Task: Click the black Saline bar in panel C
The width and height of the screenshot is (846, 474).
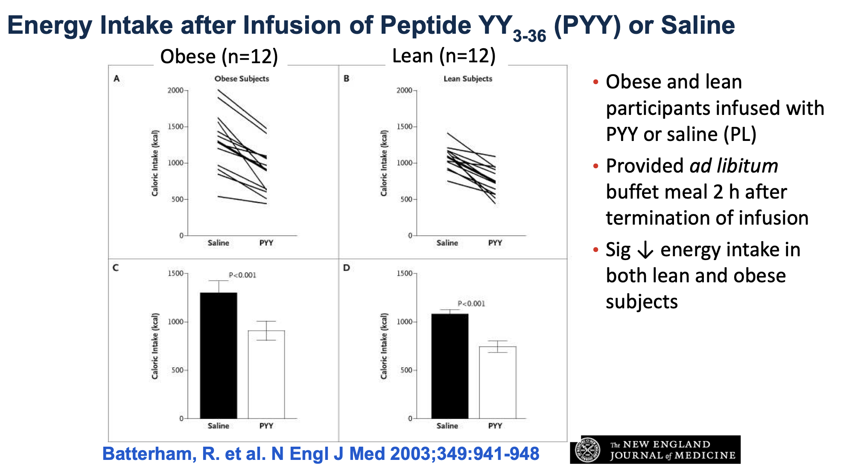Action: [x=219, y=355]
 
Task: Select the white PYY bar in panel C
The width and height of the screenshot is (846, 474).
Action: [x=266, y=374]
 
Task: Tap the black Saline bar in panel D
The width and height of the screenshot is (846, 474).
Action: [x=450, y=366]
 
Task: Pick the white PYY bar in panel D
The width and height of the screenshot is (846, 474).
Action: [x=498, y=382]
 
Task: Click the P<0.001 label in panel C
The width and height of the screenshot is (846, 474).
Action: [x=242, y=275]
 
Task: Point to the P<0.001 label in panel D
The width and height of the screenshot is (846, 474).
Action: [x=471, y=304]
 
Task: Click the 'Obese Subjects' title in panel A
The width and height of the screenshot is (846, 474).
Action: [x=242, y=79]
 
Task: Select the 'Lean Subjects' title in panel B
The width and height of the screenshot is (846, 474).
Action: [x=468, y=79]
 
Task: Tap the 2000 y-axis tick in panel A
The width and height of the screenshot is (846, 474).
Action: [x=175, y=91]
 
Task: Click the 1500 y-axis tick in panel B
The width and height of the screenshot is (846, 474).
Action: [x=404, y=127]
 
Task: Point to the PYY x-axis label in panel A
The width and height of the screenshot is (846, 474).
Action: [x=266, y=243]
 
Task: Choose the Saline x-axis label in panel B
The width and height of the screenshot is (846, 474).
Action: [x=447, y=243]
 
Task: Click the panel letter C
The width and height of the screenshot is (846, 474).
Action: [x=116, y=268]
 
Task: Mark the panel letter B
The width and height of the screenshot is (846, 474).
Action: [x=347, y=79]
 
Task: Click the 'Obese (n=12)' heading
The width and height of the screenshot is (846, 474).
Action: [x=219, y=56]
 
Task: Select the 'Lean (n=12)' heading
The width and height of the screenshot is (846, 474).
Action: [x=444, y=56]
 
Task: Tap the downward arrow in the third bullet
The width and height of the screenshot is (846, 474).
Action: [x=645, y=250]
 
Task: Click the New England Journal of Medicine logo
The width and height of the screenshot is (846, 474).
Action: [x=655, y=450]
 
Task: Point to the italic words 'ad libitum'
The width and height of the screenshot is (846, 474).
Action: [x=734, y=166]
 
